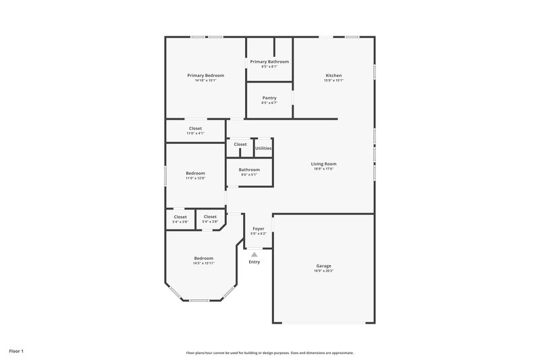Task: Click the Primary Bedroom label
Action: tap(205, 75)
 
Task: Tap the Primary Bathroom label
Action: tap(269, 61)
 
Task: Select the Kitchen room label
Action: tap(333, 75)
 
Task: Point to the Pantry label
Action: tap(269, 98)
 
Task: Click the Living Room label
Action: tap(323, 163)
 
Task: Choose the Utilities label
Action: tap(263, 148)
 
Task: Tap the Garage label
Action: tap(323, 265)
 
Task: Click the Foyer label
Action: tap(259, 229)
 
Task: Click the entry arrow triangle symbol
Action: tap(254, 255)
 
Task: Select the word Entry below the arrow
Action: tap(254, 262)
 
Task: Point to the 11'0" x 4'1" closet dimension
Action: tap(195, 133)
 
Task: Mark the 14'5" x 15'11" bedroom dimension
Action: tap(204, 263)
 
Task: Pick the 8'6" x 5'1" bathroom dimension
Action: tap(249, 175)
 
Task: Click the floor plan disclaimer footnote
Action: tap(269, 353)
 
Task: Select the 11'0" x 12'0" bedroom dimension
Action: tap(195, 178)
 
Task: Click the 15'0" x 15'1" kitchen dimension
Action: tap(333, 80)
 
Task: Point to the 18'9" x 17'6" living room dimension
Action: tap(323, 169)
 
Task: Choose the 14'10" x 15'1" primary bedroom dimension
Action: tap(205, 80)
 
